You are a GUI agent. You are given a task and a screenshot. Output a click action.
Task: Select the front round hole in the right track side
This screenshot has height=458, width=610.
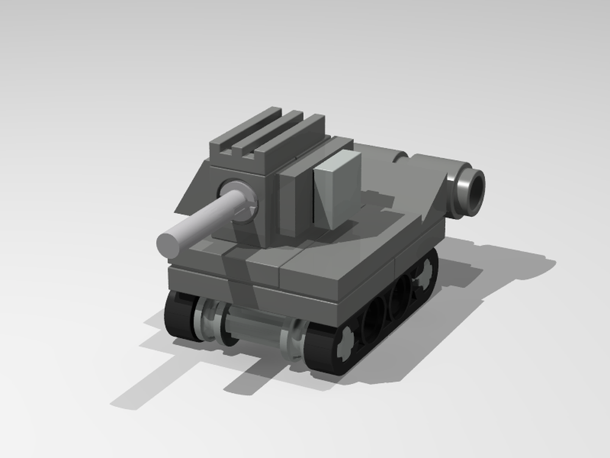pyautogui.click(x=371, y=318)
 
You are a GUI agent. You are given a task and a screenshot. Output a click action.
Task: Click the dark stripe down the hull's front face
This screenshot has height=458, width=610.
pyautogui.click(x=235, y=275)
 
